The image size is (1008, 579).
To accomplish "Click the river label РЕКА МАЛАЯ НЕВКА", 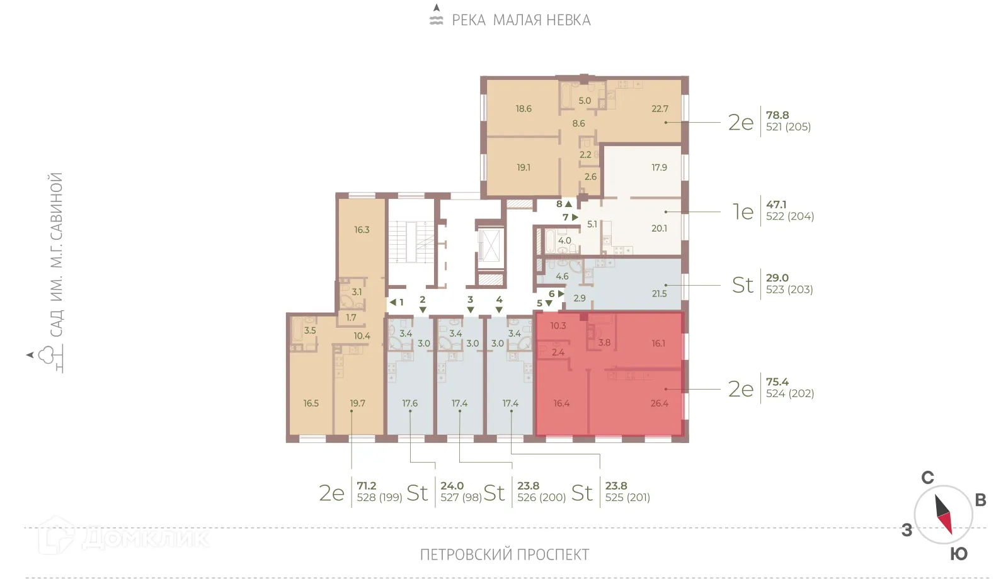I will click(x=521, y=20).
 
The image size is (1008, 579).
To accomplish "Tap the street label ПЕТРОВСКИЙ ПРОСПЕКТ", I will click(x=504, y=554).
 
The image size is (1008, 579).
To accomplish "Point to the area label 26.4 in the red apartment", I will click(x=659, y=403).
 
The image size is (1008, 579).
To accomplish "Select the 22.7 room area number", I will click(x=660, y=109).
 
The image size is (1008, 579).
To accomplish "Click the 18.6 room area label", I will click(x=524, y=109).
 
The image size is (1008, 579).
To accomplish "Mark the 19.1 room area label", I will click(x=524, y=167).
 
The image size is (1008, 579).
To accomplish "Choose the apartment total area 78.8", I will click(x=777, y=115).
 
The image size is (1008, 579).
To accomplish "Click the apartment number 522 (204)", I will click(x=790, y=216).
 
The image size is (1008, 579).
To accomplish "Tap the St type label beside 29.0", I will click(x=743, y=285).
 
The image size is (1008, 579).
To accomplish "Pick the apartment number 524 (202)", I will click(x=790, y=393).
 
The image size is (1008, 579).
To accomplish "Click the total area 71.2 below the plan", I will click(x=366, y=486).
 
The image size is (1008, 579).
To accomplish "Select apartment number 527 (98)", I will click(x=461, y=497).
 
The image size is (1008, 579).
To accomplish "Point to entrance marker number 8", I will click(x=559, y=204).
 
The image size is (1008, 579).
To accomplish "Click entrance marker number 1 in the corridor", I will click(x=401, y=302).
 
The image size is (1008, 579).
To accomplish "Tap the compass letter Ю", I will click(x=958, y=554).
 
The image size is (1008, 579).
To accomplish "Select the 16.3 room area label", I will click(x=362, y=230).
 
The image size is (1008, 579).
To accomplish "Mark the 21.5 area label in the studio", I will click(x=659, y=293).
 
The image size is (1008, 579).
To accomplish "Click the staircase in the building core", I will click(x=411, y=242).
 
